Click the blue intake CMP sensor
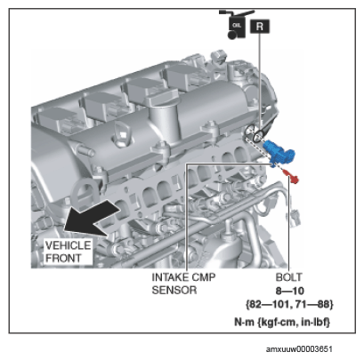tap(279, 152)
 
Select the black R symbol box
tap(260, 27)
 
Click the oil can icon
tap(237, 24)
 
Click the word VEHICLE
tap(68, 245)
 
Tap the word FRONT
tap(63, 258)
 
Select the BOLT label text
tap(288, 277)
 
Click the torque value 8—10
tap(290, 291)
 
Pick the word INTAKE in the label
tap(170, 277)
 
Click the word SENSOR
tap(174, 290)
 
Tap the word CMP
tap(204, 277)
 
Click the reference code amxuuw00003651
tap(299, 349)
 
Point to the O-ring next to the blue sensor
tap(258, 135)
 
